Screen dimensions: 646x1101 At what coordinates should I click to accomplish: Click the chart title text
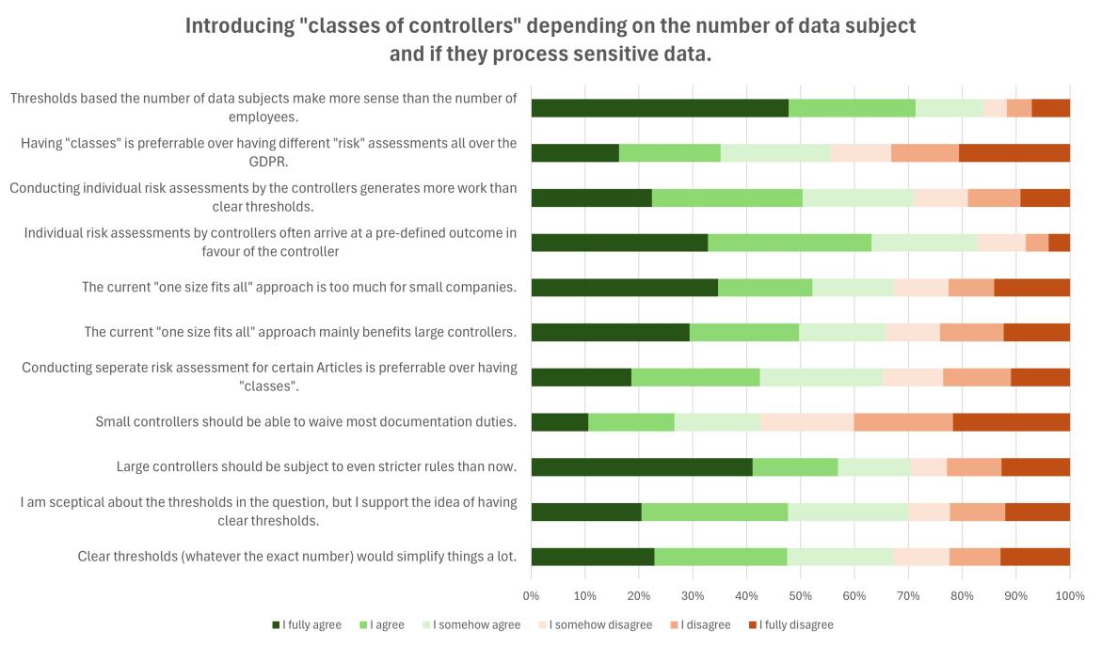point(550,39)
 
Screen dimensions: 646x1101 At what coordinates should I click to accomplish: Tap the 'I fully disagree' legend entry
point(790,624)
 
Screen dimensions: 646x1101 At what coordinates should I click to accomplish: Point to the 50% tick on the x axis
point(801,595)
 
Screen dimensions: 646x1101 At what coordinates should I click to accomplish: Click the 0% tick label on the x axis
point(531,595)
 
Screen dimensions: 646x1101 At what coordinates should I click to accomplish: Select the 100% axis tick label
point(1070,595)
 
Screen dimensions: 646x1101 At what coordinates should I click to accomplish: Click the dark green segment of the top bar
point(659,108)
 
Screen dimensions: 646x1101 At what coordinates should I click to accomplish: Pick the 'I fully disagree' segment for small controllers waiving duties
point(1011,421)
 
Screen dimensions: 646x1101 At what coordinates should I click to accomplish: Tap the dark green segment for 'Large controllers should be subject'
point(641,466)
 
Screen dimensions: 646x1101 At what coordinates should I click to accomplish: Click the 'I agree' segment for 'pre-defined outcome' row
point(789,243)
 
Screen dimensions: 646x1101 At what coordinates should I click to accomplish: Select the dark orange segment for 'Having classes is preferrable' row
point(1013,153)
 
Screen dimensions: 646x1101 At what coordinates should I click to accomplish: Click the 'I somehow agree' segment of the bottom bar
point(839,557)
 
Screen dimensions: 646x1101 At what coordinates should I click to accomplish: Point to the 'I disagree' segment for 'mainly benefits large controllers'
point(971,332)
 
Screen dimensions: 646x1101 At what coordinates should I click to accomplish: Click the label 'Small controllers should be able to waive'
point(306,421)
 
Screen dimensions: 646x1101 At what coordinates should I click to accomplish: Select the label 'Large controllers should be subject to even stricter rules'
point(316,466)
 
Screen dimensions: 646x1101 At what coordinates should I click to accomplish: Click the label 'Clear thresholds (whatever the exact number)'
point(297,557)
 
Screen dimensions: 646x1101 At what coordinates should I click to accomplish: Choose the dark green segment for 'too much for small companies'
point(624,288)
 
